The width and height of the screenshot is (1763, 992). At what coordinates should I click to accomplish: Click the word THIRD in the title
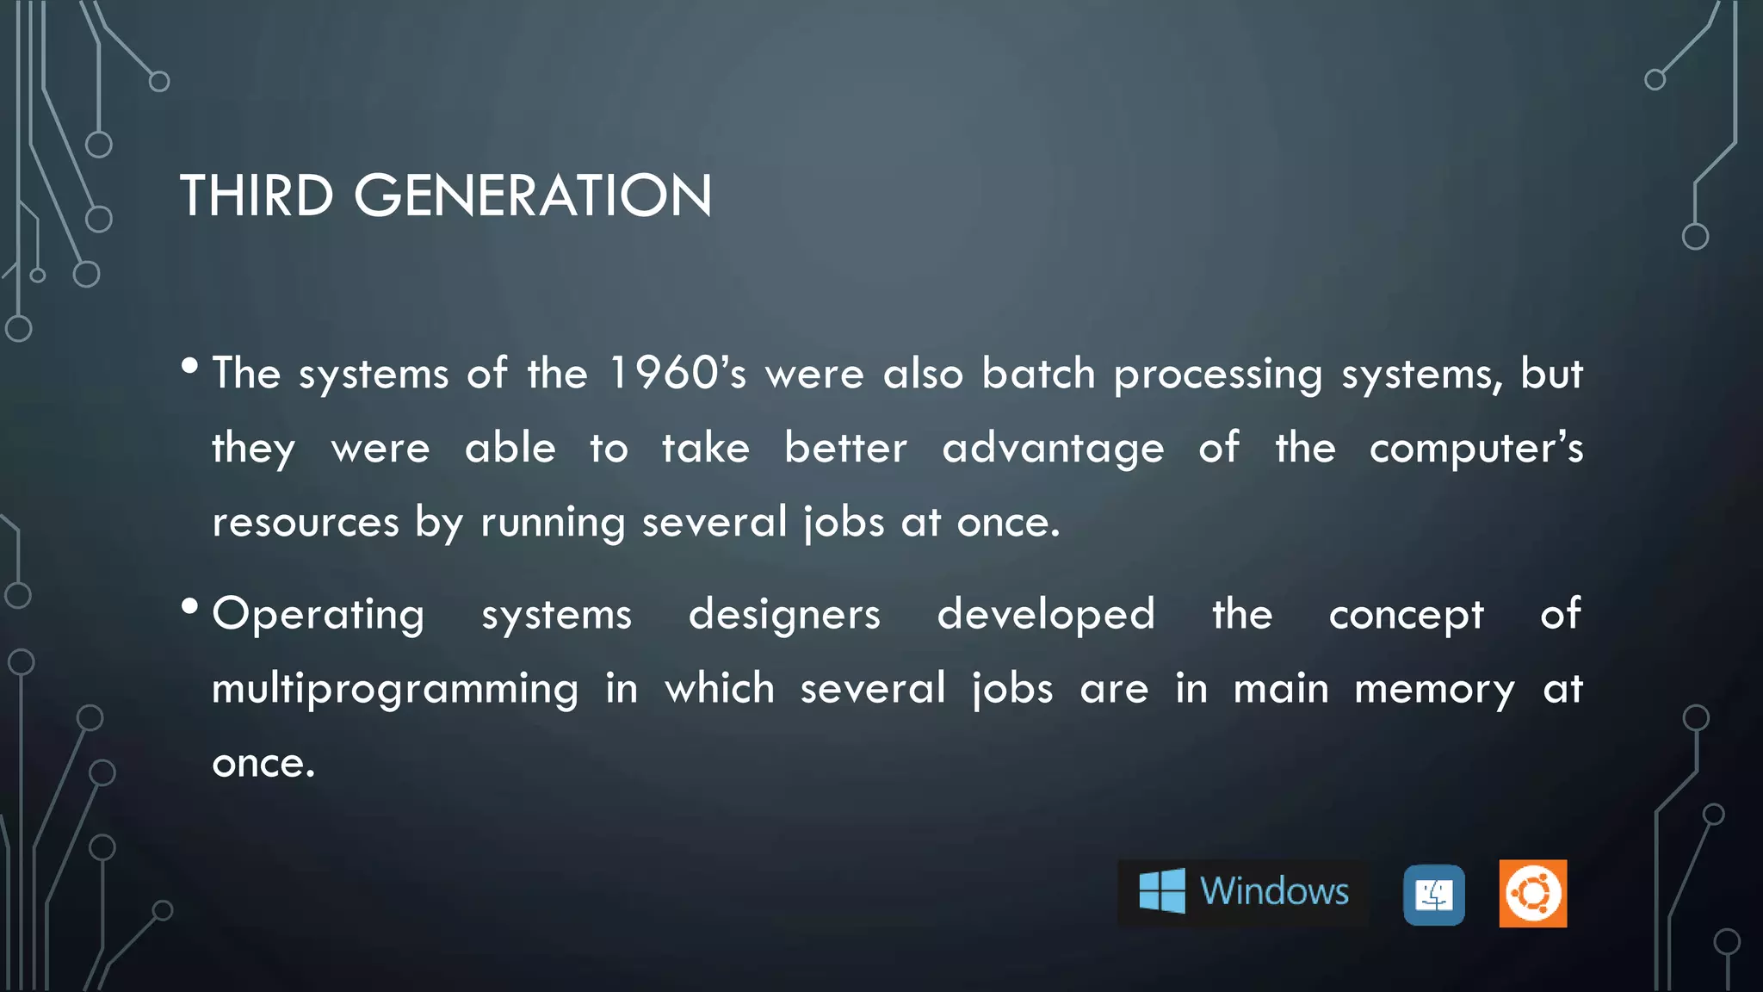coord(256,195)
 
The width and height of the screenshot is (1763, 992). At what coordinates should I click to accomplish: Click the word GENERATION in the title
coord(533,195)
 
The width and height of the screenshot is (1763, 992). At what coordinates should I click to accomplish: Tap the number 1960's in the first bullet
coord(677,374)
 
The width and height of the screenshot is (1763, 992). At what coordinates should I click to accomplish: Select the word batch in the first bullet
coord(1038,374)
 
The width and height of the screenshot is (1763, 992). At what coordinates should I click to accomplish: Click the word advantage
coord(1053,449)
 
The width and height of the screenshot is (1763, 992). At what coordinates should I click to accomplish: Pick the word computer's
coord(1475,449)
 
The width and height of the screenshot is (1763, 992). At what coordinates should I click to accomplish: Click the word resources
coord(306,523)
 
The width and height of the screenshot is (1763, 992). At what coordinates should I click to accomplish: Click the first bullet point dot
coord(190,366)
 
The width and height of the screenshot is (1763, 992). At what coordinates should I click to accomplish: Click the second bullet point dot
coord(190,607)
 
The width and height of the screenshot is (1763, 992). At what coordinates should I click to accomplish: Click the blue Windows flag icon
coord(1162,890)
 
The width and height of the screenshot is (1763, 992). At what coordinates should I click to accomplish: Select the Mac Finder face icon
coord(1433,895)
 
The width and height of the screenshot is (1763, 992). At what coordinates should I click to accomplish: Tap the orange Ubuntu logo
coord(1532,893)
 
